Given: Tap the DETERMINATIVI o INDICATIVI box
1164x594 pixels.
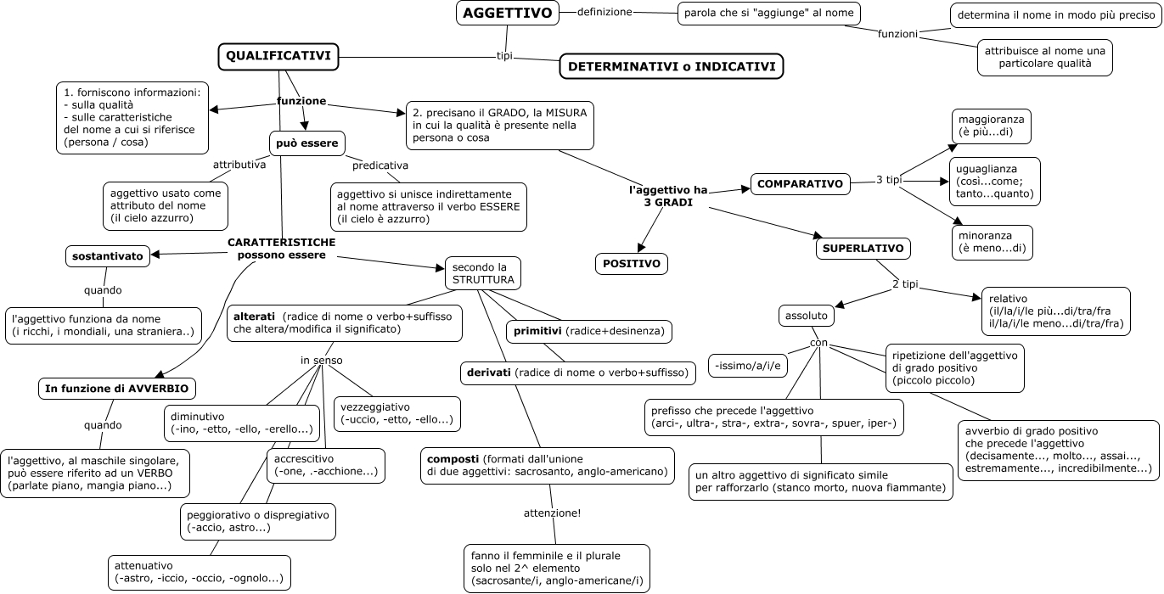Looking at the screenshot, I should click(x=672, y=66).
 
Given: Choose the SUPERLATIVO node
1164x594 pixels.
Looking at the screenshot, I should click(x=864, y=249).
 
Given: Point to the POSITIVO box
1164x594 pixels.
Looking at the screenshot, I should click(x=632, y=264).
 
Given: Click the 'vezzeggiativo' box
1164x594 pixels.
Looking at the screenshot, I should click(x=396, y=413).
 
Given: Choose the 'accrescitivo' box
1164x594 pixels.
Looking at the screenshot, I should click(x=325, y=466).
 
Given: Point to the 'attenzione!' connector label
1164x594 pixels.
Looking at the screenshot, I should click(x=552, y=513).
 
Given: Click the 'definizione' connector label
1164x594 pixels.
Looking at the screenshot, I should click(x=604, y=12).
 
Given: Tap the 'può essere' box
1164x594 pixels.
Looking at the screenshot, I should click(x=307, y=143).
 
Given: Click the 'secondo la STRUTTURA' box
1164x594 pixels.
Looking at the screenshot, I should click(x=482, y=273).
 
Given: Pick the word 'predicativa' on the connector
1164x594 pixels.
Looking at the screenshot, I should click(x=380, y=165).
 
